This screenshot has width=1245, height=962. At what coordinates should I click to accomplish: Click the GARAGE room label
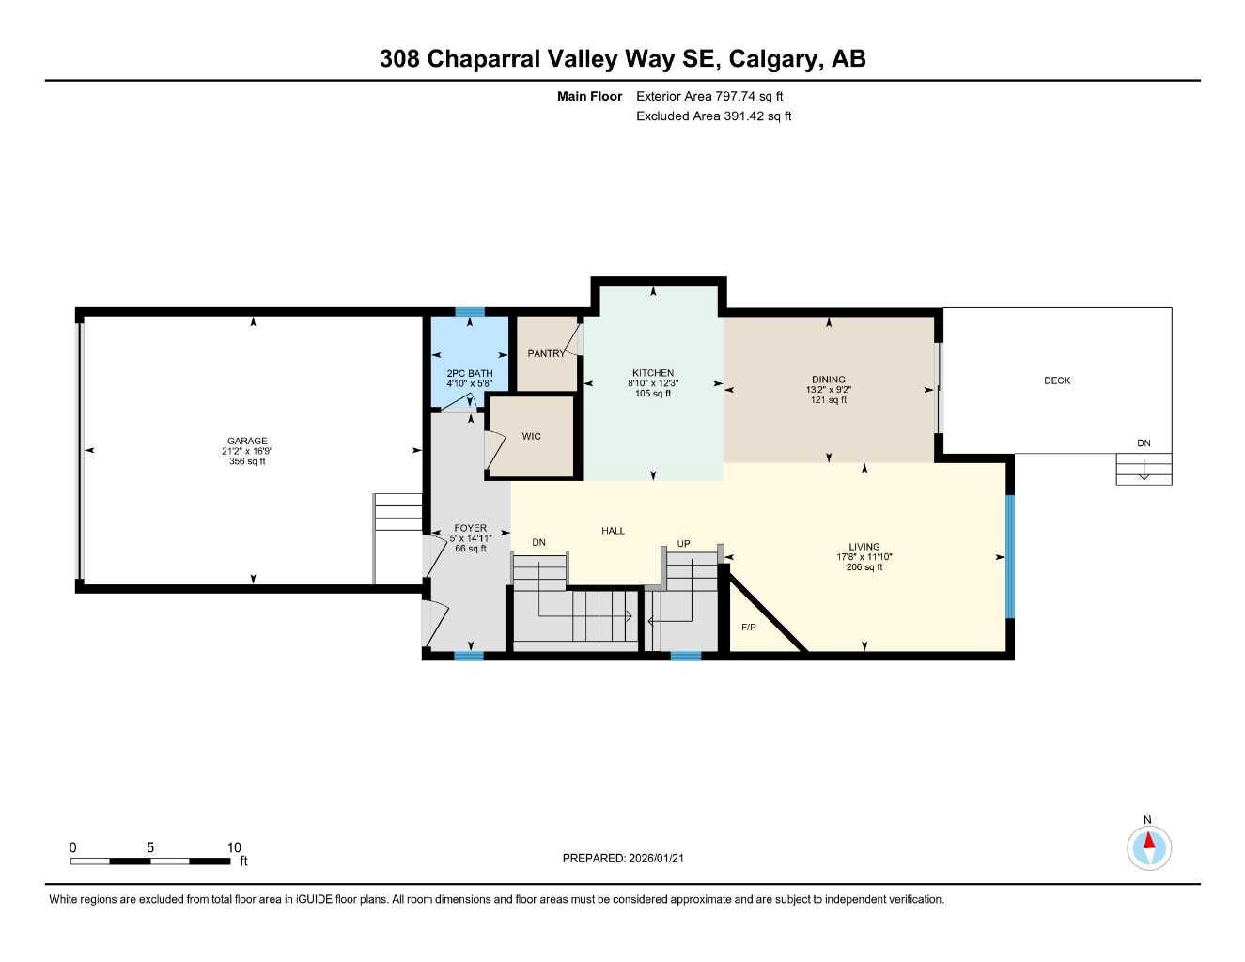[247, 441]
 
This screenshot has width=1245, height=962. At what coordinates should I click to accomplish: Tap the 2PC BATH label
[469, 374]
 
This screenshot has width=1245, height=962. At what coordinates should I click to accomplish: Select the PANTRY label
[546, 354]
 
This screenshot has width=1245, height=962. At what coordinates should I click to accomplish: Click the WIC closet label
[531, 436]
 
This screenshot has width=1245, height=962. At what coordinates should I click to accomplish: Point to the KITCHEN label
[653, 373]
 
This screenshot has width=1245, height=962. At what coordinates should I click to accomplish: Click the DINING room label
[829, 380]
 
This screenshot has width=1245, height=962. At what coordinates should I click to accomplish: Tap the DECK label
[1057, 380]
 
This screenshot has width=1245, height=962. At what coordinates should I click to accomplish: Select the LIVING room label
[864, 547]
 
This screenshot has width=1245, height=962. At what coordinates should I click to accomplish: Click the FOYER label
[470, 528]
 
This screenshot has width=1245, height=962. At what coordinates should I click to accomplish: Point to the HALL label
[613, 531]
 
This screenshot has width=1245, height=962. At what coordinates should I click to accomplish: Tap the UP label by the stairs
[684, 544]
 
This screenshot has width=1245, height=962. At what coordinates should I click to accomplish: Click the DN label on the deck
[1144, 443]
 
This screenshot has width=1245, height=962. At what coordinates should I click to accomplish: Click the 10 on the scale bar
[234, 847]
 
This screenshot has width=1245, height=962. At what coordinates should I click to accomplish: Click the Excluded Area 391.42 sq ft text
[713, 116]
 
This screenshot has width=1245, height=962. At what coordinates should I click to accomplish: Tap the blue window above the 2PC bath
[470, 312]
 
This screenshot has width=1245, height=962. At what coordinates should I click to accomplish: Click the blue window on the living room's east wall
[1010, 556]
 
